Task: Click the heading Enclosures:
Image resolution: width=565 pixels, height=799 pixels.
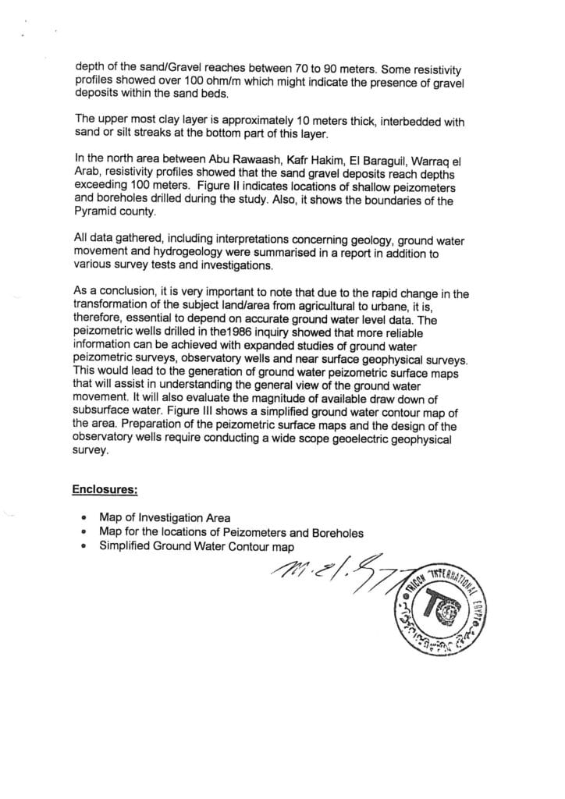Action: pyautogui.click(x=105, y=490)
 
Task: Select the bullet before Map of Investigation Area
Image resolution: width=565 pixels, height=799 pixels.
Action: pyautogui.click(x=83, y=518)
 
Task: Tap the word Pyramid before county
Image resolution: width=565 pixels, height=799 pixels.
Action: pyautogui.click(x=97, y=211)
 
